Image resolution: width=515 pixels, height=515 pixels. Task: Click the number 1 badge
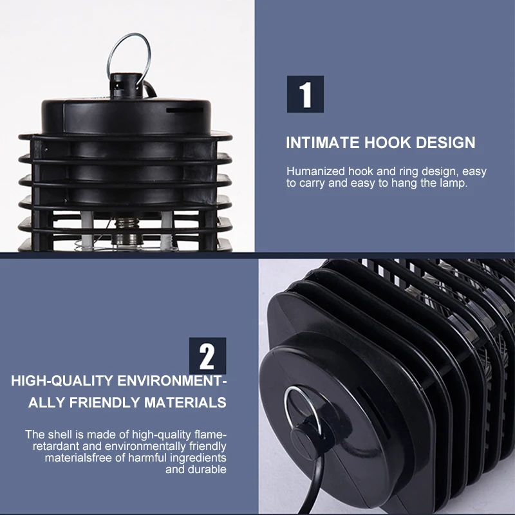305,94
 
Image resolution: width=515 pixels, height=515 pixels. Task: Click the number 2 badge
207,356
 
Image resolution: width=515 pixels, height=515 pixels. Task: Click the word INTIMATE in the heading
323,142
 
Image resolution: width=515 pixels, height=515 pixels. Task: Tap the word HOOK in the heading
388,142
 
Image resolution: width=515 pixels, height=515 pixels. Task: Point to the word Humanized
315,171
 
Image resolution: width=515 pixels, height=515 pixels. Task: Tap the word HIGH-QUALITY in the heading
62,381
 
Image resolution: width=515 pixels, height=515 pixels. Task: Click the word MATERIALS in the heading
185,403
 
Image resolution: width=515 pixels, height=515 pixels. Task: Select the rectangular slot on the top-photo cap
184,110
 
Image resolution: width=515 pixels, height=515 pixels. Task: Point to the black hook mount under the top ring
126,86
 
